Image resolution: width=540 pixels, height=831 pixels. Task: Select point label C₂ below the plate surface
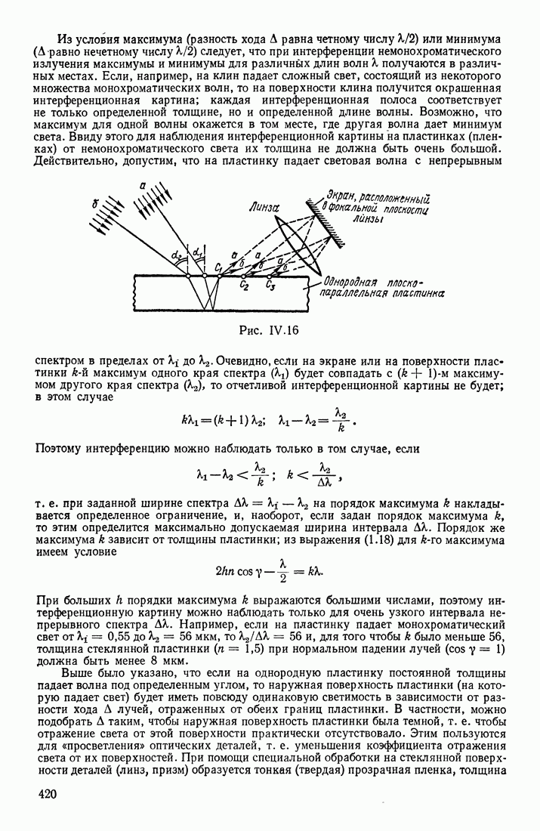(x=244, y=286)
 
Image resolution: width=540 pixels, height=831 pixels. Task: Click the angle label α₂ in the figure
(x=177, y=256)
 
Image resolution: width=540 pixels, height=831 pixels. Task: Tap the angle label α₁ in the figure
(x=198, y=251)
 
